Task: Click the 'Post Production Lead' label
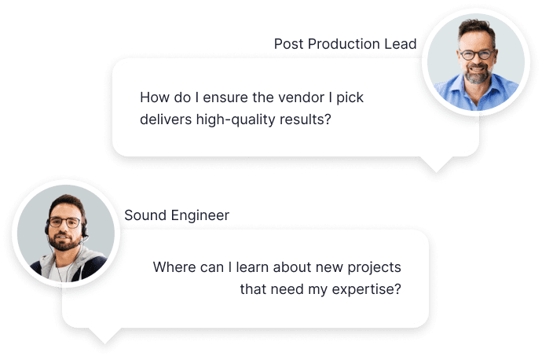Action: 345,44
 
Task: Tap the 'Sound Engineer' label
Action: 177,215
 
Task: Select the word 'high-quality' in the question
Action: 236,119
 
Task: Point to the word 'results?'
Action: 306,119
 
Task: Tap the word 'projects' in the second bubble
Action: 374,268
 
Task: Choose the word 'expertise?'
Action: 366,290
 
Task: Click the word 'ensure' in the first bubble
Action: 225,98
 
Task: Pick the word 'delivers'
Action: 166,119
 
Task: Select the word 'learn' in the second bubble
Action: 252,267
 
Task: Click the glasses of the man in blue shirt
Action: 477,54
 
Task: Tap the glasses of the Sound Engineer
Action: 65,222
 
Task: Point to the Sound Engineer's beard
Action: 64,241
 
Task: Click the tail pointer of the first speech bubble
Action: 436,164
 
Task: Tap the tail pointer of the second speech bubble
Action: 105,336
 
